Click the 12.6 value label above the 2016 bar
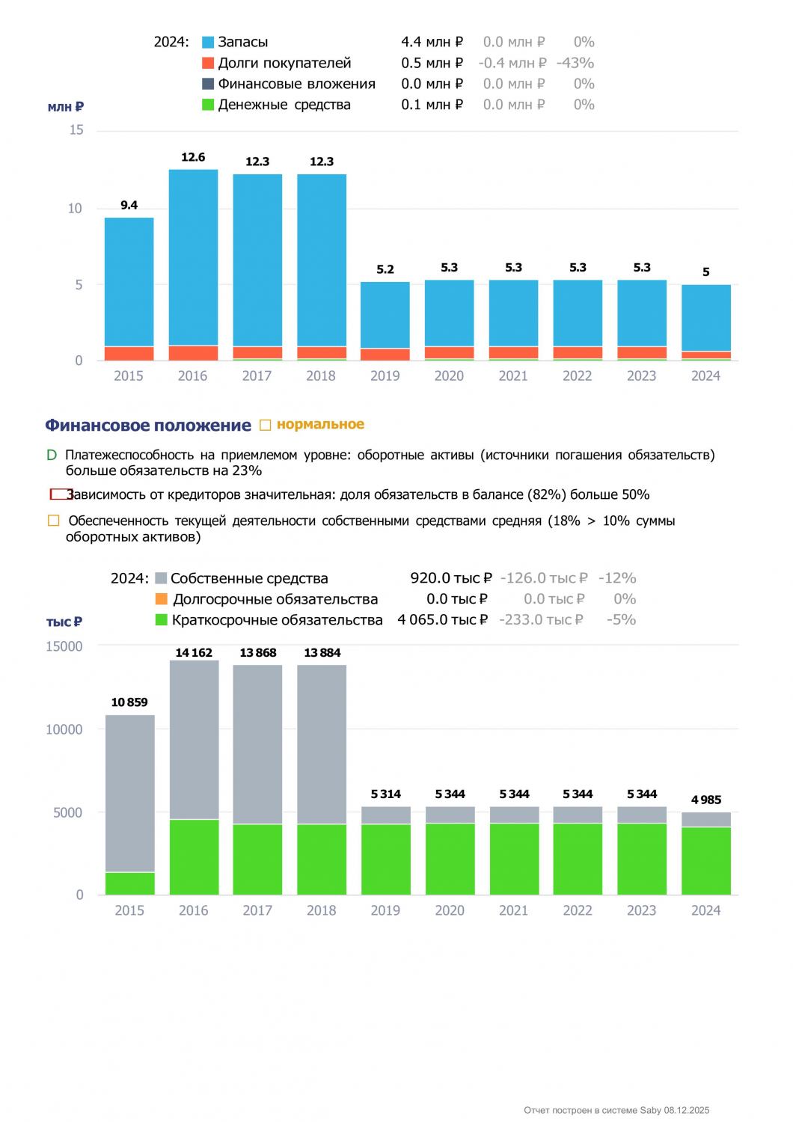tap(193, 157)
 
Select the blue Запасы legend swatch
tap(208, 42)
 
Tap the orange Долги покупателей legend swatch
tap(208, 63)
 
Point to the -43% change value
tap(575, 63)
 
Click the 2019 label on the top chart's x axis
tap(385, 375)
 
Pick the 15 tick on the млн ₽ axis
tap(76, 130)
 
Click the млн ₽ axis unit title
tap(66, 107)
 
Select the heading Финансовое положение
tap(148, 426)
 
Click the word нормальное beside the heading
tap(321, 424)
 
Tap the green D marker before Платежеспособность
tap(51, 455)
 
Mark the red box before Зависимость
tap(59, 494)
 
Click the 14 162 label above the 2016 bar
tap(194, 653)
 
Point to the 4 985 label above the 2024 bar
tap(705, 800)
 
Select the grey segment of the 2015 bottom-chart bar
tap(129, 794)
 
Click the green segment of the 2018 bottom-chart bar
tap(322, 859)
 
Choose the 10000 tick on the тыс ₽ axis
tap(64, 729)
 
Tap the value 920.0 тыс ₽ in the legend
tap(451, 578)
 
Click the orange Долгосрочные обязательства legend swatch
tap(162, 599)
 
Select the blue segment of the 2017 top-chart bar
tap(257, 260)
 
